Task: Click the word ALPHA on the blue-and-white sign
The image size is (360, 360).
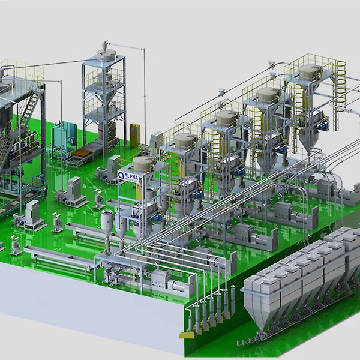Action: click(x=131, y=177)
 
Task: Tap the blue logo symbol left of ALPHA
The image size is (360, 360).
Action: click(x=121, y=176)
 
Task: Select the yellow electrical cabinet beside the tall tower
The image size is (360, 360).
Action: click(x=135, y=135)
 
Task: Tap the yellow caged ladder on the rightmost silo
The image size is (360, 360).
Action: click(x=340, y=92)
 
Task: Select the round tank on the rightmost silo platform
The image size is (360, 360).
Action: click(x=310, y=72)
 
